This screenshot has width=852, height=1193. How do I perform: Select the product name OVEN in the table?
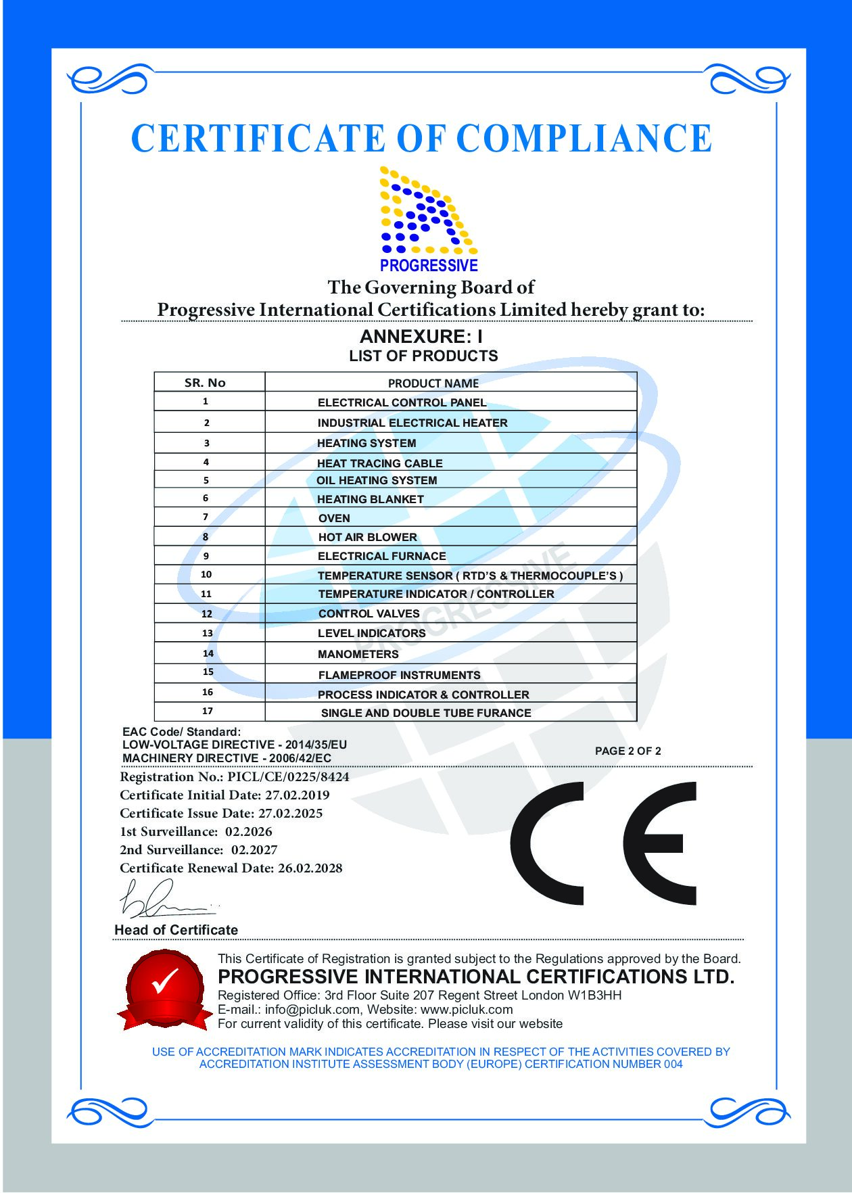click(x=334, y=518)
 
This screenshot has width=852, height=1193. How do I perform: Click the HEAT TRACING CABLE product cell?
click(x=379, y=463)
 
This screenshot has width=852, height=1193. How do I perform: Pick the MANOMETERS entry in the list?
click(x=358, y=654)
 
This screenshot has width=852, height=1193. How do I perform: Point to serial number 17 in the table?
click(x=208, y=711)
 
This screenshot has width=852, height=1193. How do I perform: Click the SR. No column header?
click(x=205, y=383)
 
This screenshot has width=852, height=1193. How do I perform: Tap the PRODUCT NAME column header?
click(x=433, y=383)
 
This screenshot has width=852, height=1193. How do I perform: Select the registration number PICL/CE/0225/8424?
click(x=288, y=777)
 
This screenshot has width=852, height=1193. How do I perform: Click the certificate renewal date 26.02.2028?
click(x=310, y=868)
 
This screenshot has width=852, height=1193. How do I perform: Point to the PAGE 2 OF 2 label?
click(x=628, y=751)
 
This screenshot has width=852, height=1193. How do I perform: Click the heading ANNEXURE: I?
click(x=421, y=336)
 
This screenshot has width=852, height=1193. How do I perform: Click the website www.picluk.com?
click(x=467, y=1010)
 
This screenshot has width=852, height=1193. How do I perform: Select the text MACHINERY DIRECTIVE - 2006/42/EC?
click(x=227, y=758)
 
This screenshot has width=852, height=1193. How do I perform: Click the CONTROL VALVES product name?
click(x=369, y=613)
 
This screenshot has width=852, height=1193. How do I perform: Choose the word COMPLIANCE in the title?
click(x=584, y=139)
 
